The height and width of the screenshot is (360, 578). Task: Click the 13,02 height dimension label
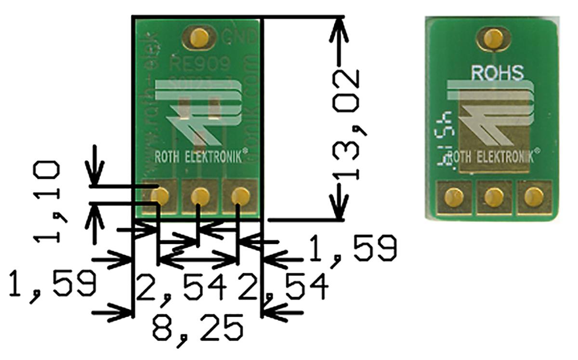348,124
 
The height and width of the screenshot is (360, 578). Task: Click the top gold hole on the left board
199,37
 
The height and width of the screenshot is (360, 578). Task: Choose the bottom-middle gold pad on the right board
493,197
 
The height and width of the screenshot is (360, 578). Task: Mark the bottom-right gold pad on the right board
532,197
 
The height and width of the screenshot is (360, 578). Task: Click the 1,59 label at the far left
53,284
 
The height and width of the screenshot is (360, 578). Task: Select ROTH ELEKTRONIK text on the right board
492,157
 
